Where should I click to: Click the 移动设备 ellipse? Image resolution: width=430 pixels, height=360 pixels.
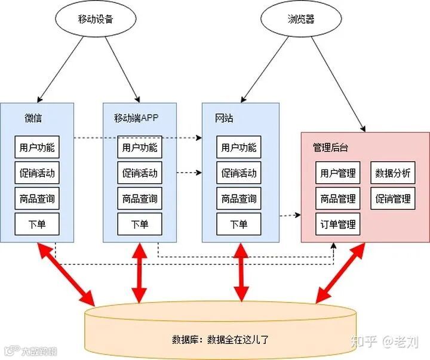click(95, 19)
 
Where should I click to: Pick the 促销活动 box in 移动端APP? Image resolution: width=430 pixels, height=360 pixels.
click(140, 173)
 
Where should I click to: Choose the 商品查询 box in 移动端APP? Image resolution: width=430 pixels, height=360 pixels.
click(140, 199)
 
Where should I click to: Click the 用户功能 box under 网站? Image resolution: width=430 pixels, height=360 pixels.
click(238, 147)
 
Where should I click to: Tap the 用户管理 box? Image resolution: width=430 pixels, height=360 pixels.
click(338, 173)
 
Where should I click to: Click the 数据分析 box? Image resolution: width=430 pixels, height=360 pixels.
click(393, 173)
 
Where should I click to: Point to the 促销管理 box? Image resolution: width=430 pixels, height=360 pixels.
click(393, 199)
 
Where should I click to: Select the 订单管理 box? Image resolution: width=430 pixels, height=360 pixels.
click(338, 224)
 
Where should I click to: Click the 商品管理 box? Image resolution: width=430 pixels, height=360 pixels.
click(338, 199)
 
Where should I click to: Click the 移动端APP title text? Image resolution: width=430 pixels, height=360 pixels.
click(137, 118)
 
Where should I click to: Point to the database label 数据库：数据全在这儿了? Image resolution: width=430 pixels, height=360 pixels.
click(222, 340)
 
